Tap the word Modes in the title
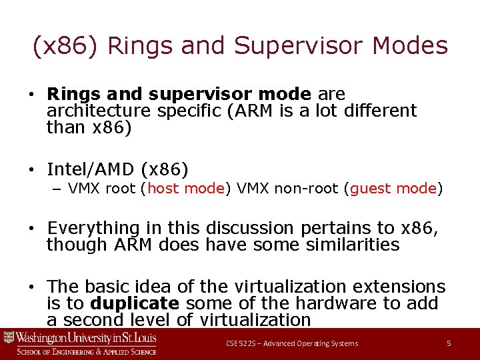pyautogui.click(x=410, y=46)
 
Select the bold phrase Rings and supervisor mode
pyautogui.click(x=179, y=94)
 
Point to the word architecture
pyautogui.click(x=100, y=111)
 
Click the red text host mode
pyautogui.click(x=185, y=189)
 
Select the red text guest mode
pyautogui.click(x=393, y=189)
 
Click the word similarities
pyautogui.click(x=353, y=245)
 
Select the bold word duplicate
pyautogui.click(x=135, y=304)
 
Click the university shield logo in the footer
pyautogui.click(x=9, y=337)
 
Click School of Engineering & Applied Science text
pyautogui.click(x=87, y=351)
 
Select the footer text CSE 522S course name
pyautogui.click(x=291, y=343)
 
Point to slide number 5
pyautogui.click(x=449, y=343)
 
